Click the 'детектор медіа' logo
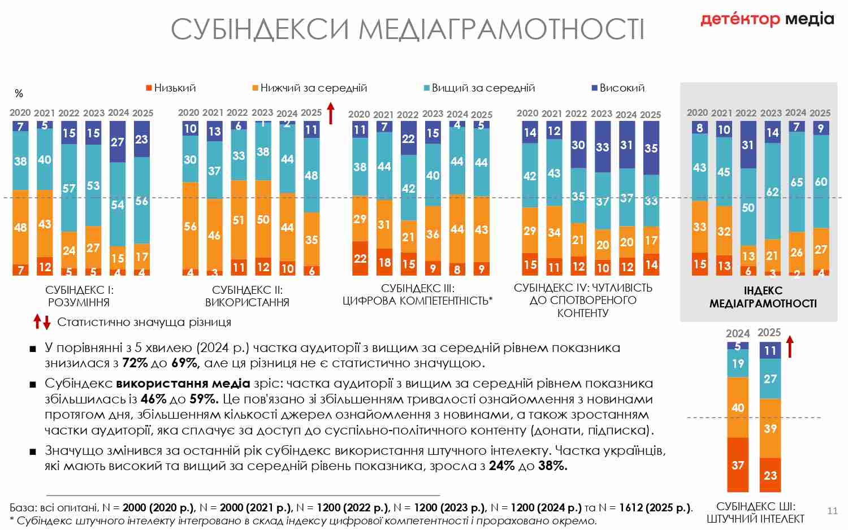tap(767, 19)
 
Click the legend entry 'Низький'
tap(171, 88)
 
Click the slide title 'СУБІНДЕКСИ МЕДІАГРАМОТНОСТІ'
tap(407, 29)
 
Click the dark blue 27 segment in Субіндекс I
tap(118, 142)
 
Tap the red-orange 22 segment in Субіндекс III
tap(360, 258)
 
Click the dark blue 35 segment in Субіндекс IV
tap(651, 148)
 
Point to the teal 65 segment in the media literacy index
tap(797, 182)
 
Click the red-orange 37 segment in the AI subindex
tap(738, 464)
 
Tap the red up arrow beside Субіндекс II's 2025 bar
tap(331, 113)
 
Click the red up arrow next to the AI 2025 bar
tap(790, 346)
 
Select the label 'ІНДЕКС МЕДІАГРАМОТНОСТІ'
tap(763, 297)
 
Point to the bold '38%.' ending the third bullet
tap(552, 466)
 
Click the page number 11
tap(832, 511)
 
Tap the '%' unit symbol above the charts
tap(19, 94)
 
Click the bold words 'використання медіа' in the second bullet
tap(183, 384)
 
